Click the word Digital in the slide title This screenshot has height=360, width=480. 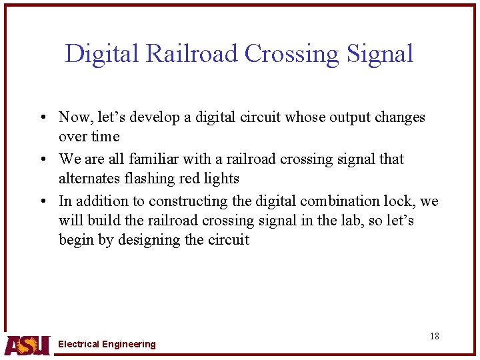coord(102,53)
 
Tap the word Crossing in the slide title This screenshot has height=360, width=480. coord(293,53)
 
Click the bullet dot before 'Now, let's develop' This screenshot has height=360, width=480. coord(42,118)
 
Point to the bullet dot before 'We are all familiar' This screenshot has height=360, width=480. coord(42,160)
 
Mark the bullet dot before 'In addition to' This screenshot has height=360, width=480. coord(42,201)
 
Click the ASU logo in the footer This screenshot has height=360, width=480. coord(27,344)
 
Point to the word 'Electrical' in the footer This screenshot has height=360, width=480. coord(79,344)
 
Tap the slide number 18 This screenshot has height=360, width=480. coord(434,336)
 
